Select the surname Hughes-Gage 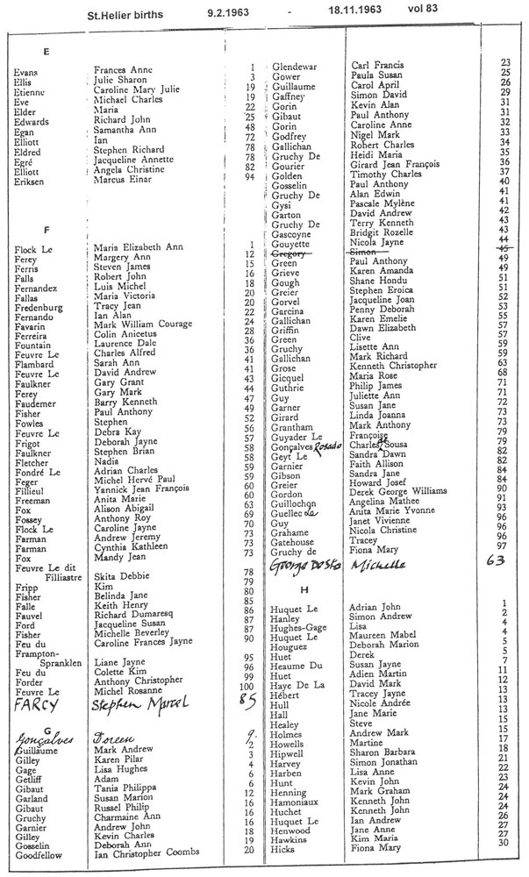(x=300, y=628)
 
